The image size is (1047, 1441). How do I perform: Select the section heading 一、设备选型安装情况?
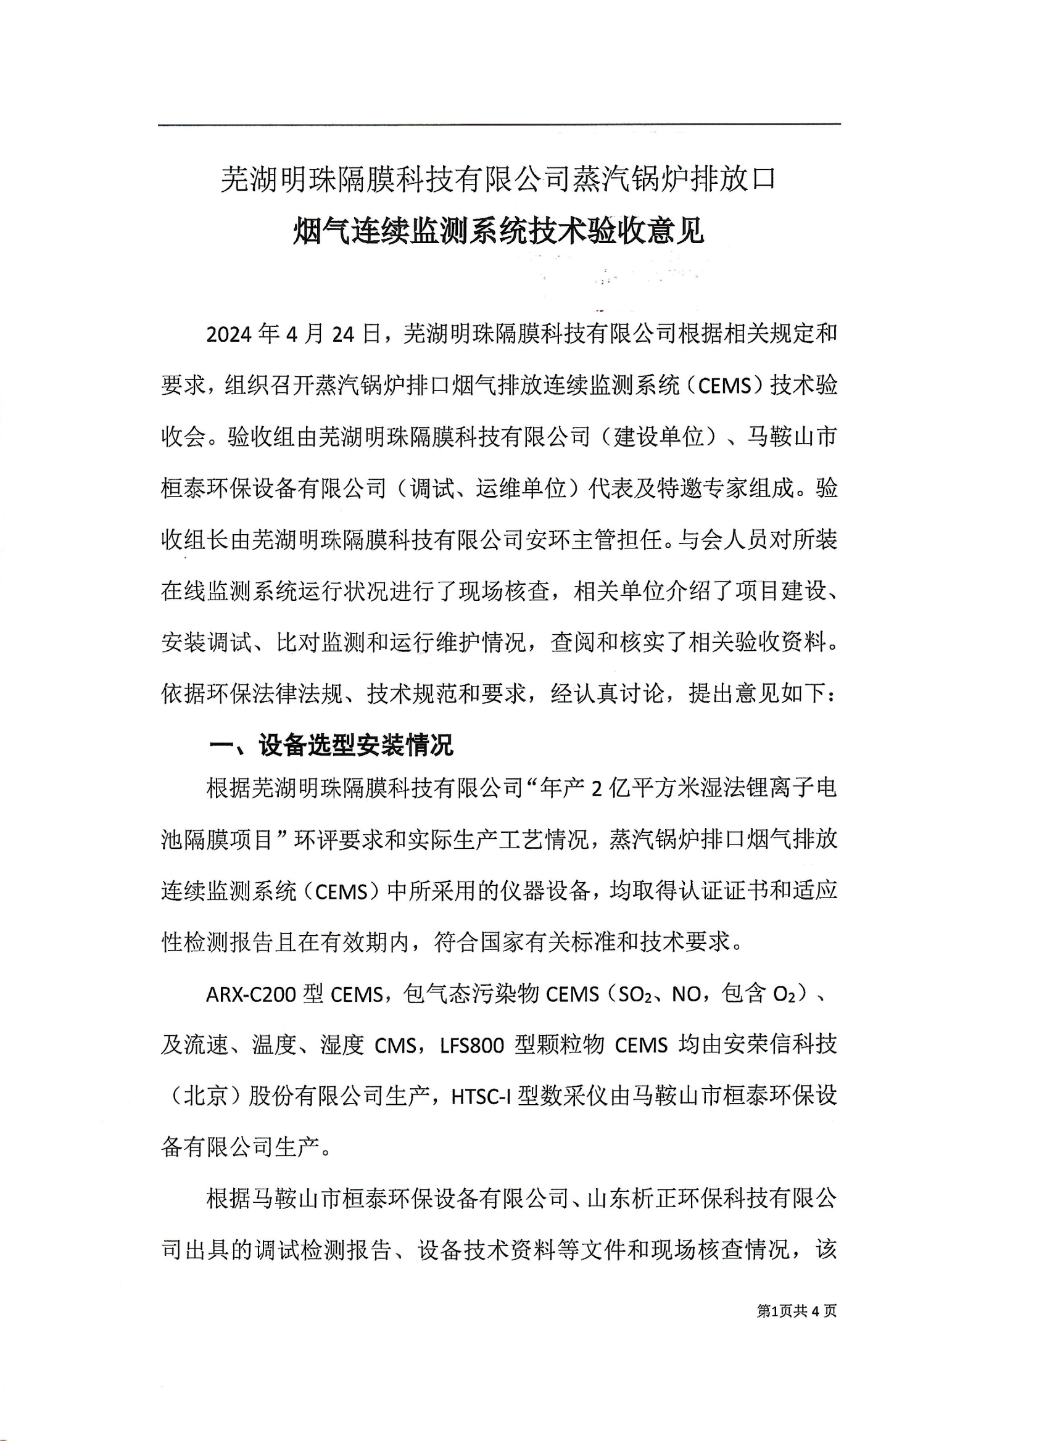tap(332, 745)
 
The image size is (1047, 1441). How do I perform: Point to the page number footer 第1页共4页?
tap(797, 1306)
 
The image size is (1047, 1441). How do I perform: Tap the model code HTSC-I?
tap(481, 1098)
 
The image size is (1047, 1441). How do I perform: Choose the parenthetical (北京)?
tap(205, 1098)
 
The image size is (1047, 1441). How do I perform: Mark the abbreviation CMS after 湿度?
tap(395, 1046)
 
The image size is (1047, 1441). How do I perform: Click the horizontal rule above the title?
tap(499, 125)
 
